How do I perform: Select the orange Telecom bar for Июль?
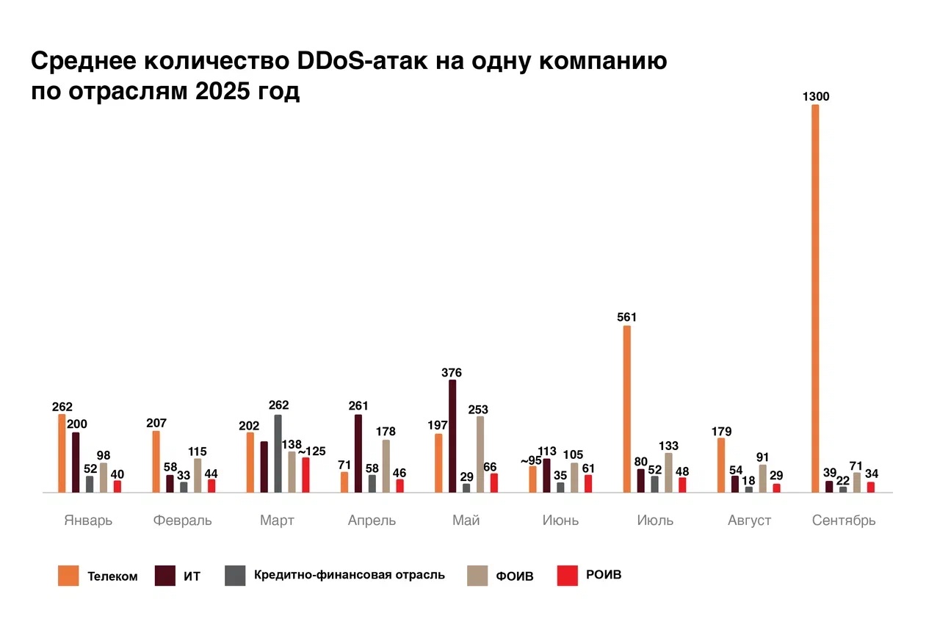tap(627, 408)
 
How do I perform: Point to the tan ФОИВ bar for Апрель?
tap(386, 465)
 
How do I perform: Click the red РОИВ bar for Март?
tap(305, 474)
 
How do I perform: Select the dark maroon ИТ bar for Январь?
tap(76, 462)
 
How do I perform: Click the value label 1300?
tap(815, 96)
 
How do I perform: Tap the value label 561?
tap(626, 317)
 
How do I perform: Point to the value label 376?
tap(452, 372)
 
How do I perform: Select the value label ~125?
tap(311, 451)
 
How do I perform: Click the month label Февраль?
tap(183, 521)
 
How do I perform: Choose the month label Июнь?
tap(560, 521)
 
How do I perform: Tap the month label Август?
tap(749, 521)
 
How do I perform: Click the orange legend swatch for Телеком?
tap(68, 576)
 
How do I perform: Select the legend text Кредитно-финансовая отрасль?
tap(349, 575)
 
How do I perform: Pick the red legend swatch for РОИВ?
tap(568, 576)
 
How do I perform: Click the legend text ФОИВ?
tap(515, 576)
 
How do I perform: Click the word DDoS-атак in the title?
tap(361, 61)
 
